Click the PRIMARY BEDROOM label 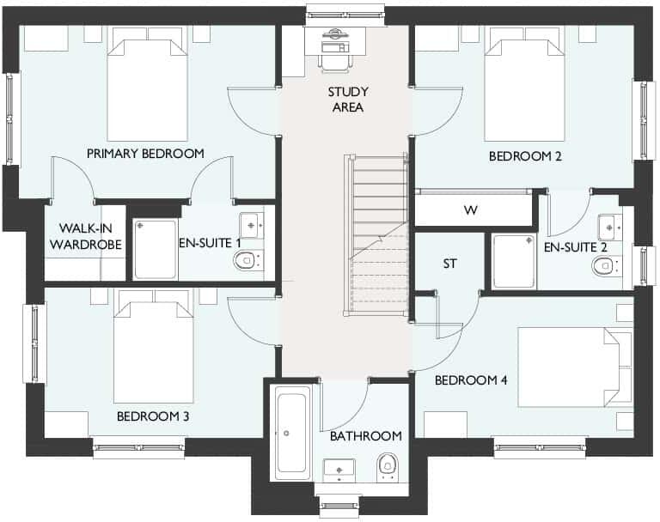point(145,154)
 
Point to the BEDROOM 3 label point(152,416)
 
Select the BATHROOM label point(366,436)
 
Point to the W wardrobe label point(470,210)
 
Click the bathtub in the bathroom point(293,433)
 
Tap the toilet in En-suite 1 point(246,260)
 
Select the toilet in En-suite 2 point(605,267)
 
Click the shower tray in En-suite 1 point(156,249)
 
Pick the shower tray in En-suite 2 point(513,261)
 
